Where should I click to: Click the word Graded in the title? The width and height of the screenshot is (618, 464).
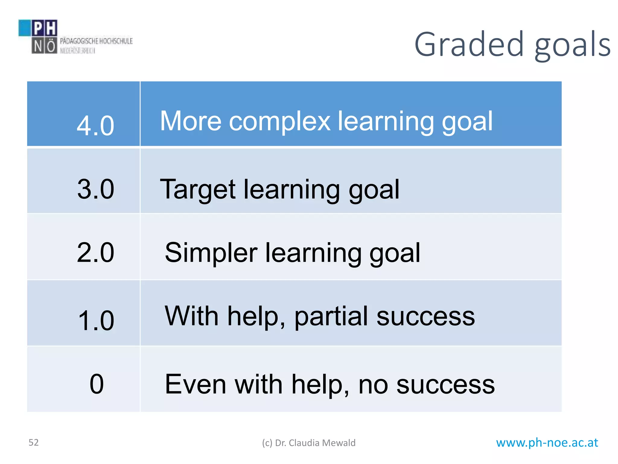click(469, 45)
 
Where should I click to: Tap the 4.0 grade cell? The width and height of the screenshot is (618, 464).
click(95, 125)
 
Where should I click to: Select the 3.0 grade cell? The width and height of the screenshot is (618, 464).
click(95, 189)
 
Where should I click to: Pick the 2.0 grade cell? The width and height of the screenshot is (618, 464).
click(95, 253)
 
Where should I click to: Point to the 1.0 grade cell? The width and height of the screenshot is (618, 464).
click(96, 320)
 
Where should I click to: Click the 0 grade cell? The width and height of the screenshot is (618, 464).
click(97, 384)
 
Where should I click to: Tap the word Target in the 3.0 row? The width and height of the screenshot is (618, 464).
click(198, 190)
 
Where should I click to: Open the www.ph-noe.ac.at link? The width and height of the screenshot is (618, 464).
click(547, 443)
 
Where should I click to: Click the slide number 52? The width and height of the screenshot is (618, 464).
click(33, 443)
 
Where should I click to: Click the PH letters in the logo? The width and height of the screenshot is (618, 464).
click(44, 28)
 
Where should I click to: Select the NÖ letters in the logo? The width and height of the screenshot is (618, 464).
click(44, 47)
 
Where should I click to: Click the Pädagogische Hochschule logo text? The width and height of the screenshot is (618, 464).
click(96, 41)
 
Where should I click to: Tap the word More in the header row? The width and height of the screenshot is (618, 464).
click(191, 121)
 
